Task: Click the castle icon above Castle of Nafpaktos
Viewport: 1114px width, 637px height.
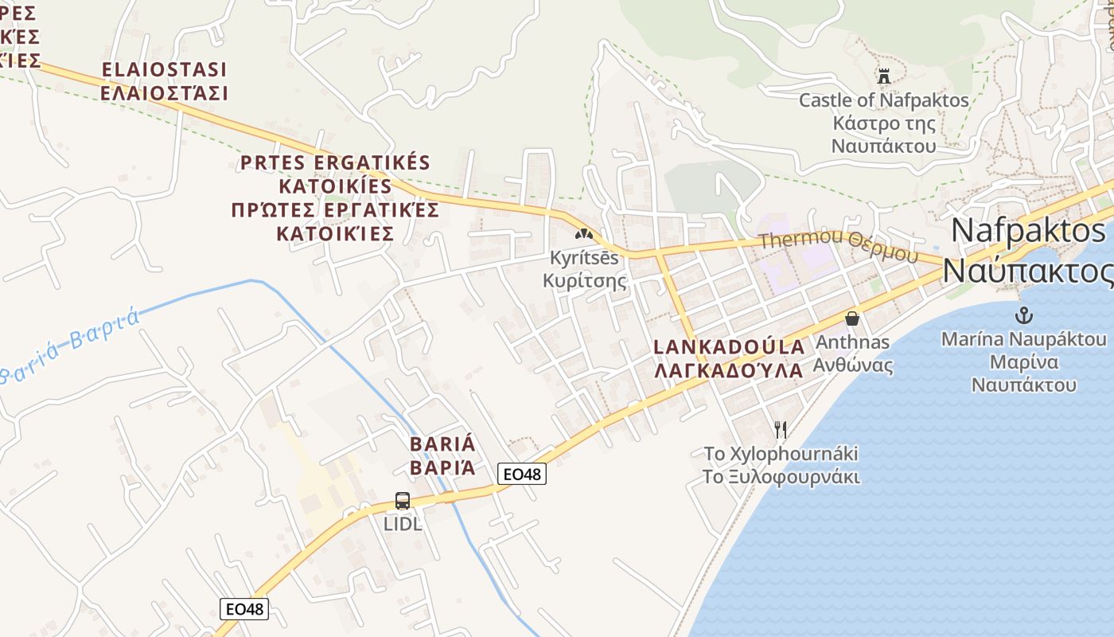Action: [883, 76]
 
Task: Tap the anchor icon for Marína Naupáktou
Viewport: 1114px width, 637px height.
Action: [1025, 315]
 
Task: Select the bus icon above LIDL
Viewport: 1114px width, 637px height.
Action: [403, 501]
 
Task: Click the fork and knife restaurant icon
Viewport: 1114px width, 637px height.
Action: [781, 430]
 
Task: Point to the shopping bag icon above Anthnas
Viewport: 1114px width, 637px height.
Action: [851, 318]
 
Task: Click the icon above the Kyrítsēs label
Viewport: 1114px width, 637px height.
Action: [585, 234]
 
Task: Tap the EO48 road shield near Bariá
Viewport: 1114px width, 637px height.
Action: [522, 474]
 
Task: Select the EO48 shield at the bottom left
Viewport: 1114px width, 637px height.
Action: [244, 609]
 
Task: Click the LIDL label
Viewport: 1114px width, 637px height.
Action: [403, 524]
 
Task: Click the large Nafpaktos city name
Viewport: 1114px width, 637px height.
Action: [1028, 231]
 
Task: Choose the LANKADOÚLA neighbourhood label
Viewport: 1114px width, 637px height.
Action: [729, 347]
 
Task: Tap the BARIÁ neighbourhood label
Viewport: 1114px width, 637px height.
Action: [442, 444]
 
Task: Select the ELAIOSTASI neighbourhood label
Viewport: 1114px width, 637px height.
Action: [164, 69]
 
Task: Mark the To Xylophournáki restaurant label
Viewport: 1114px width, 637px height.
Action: [781, 454]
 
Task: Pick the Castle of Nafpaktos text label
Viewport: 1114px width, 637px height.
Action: [883, 100]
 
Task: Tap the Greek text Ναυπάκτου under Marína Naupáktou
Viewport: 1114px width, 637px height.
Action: [1024, 385]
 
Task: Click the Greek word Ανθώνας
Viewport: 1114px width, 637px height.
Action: [853, 365]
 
